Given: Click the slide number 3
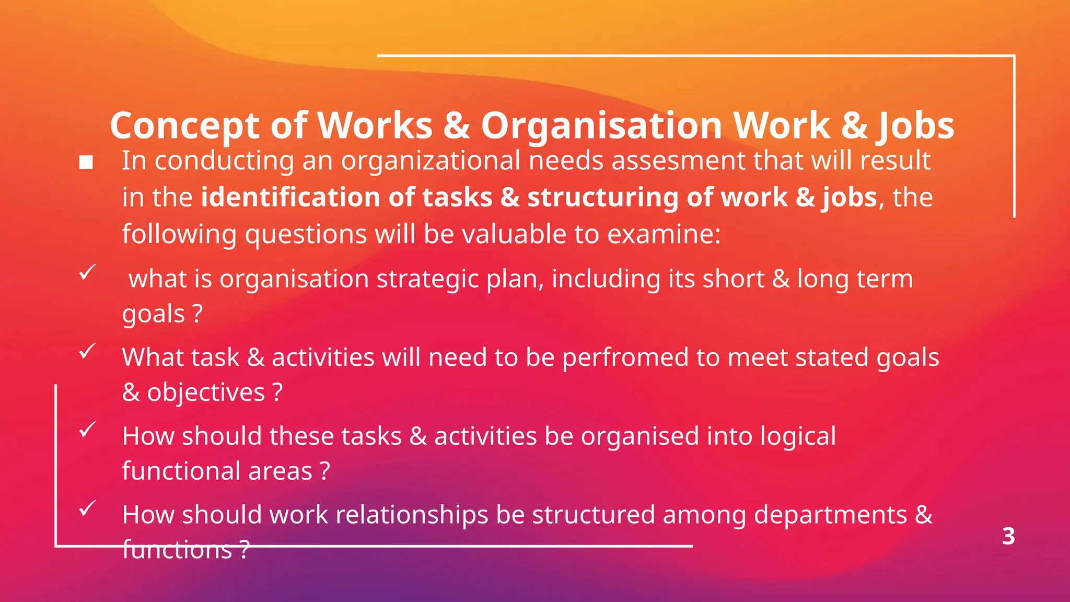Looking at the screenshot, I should [x=1008, y=536].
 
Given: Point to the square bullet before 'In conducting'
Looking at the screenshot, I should [x=86, y=163].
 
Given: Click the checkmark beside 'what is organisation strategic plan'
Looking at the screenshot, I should [x=87, y=272].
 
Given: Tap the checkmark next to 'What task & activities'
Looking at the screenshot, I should [x=87, y=351].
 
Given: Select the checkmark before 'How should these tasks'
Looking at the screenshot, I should [x=87, y=430].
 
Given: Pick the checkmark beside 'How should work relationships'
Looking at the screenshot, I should [x=87, y=508].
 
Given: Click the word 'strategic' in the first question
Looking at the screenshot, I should [x=427, y=279].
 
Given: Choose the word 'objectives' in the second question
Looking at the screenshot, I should [x=206, y=392].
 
